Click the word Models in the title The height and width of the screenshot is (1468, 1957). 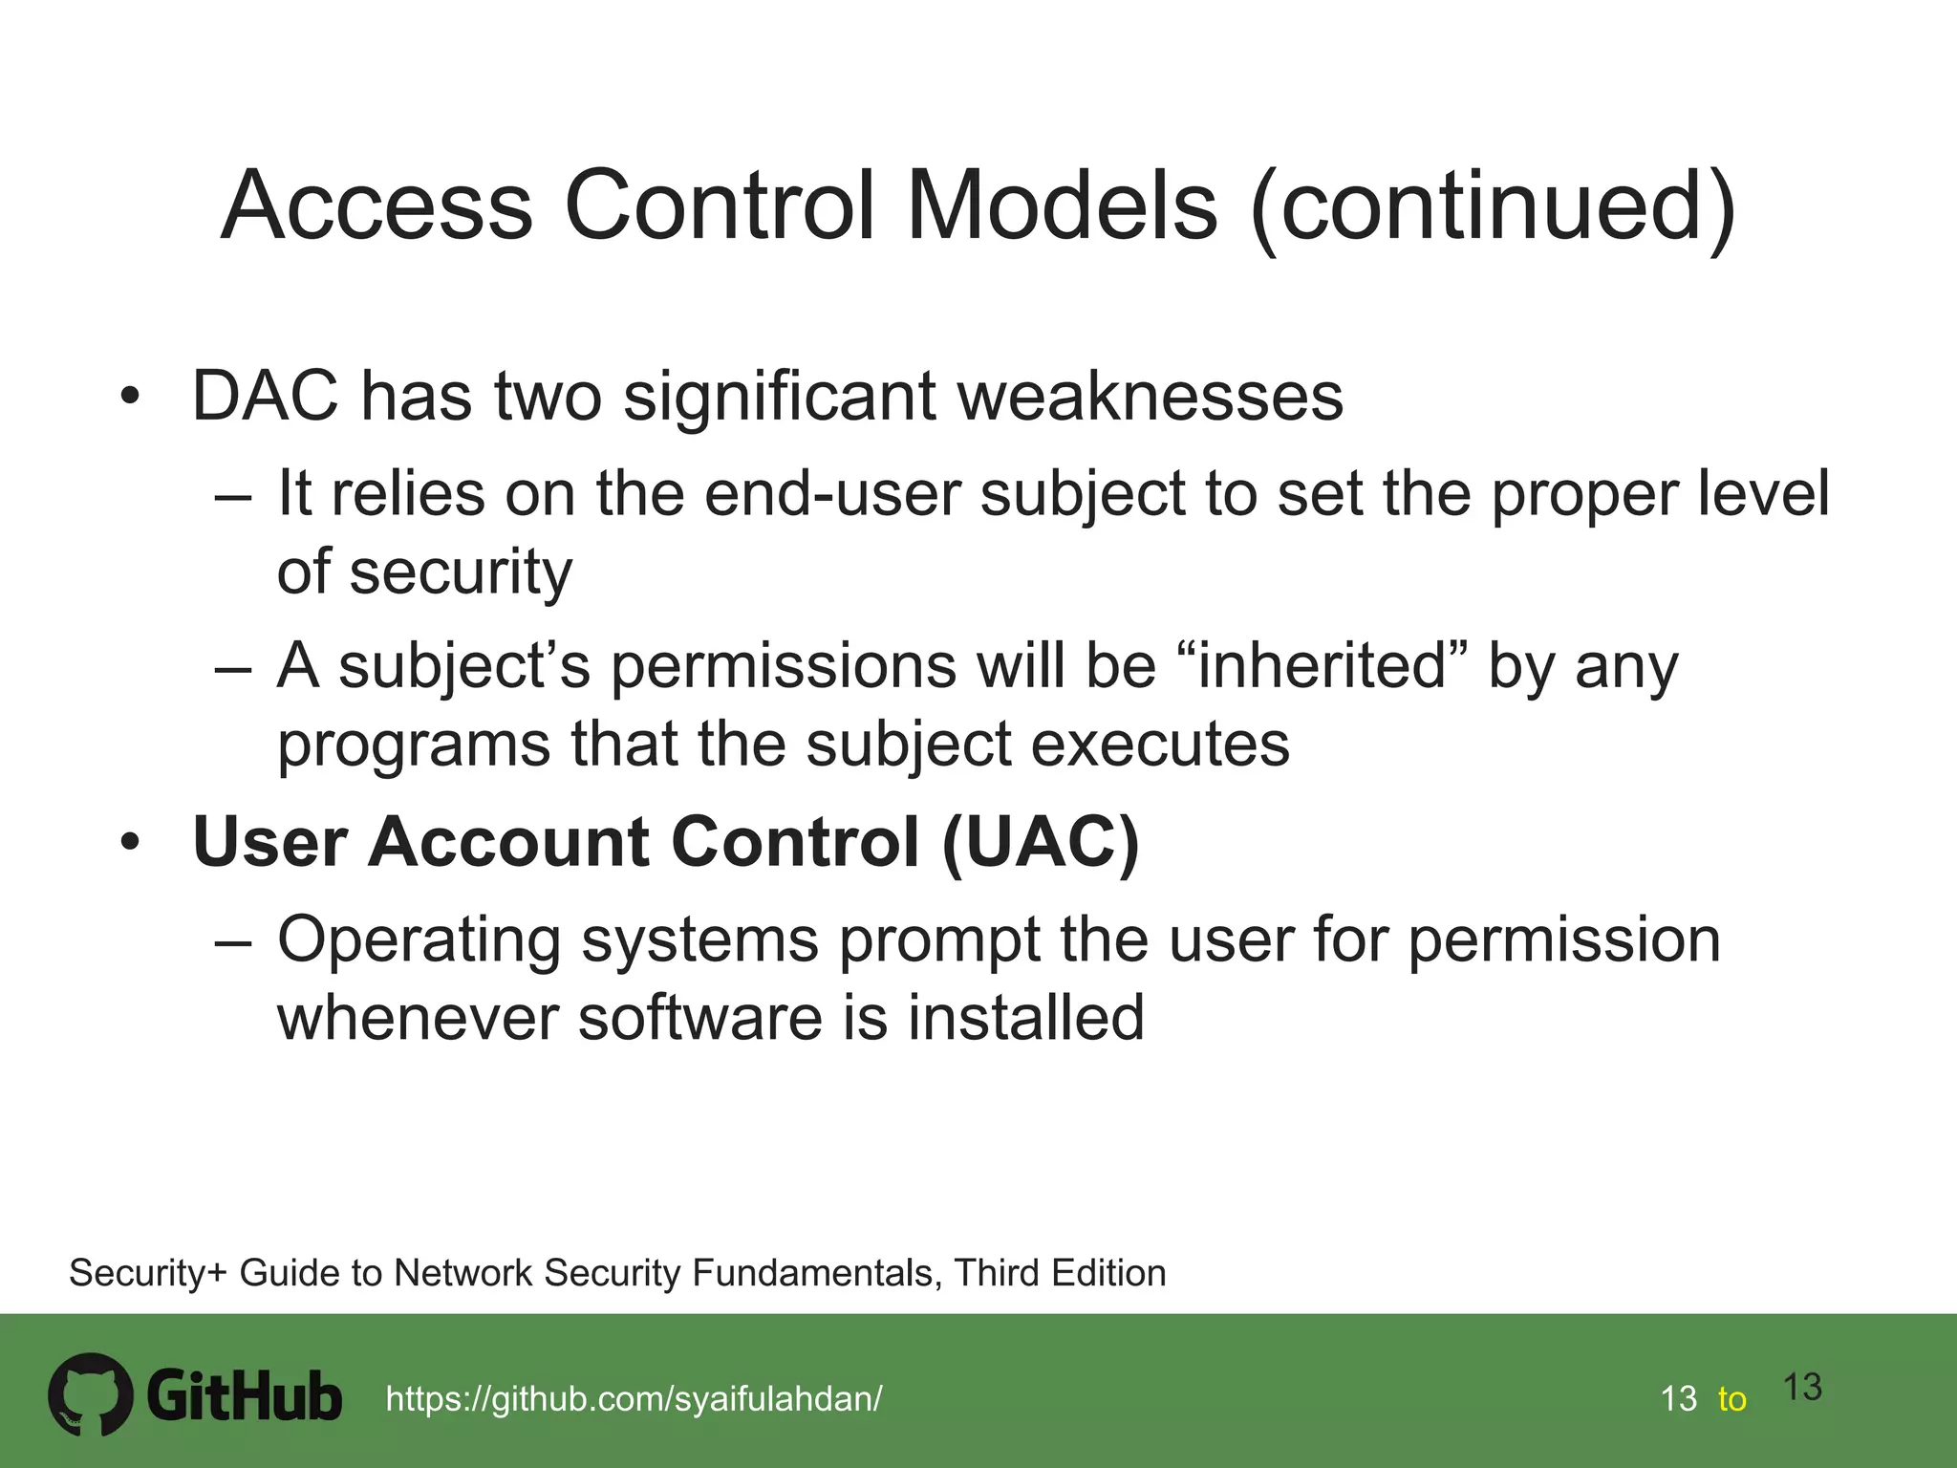point(1062,205)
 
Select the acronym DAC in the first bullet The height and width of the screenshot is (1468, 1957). point(265,396)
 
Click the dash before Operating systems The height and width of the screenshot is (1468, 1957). point(233,941)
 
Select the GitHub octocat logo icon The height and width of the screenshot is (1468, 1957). point(90,1394)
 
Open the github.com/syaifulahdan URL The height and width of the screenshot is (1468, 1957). point(634,1399)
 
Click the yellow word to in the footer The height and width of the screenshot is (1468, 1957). point(1731,1399)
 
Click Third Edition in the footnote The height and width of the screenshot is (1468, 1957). point(1060,1273)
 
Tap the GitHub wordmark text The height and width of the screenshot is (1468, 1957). point(245,1396)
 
